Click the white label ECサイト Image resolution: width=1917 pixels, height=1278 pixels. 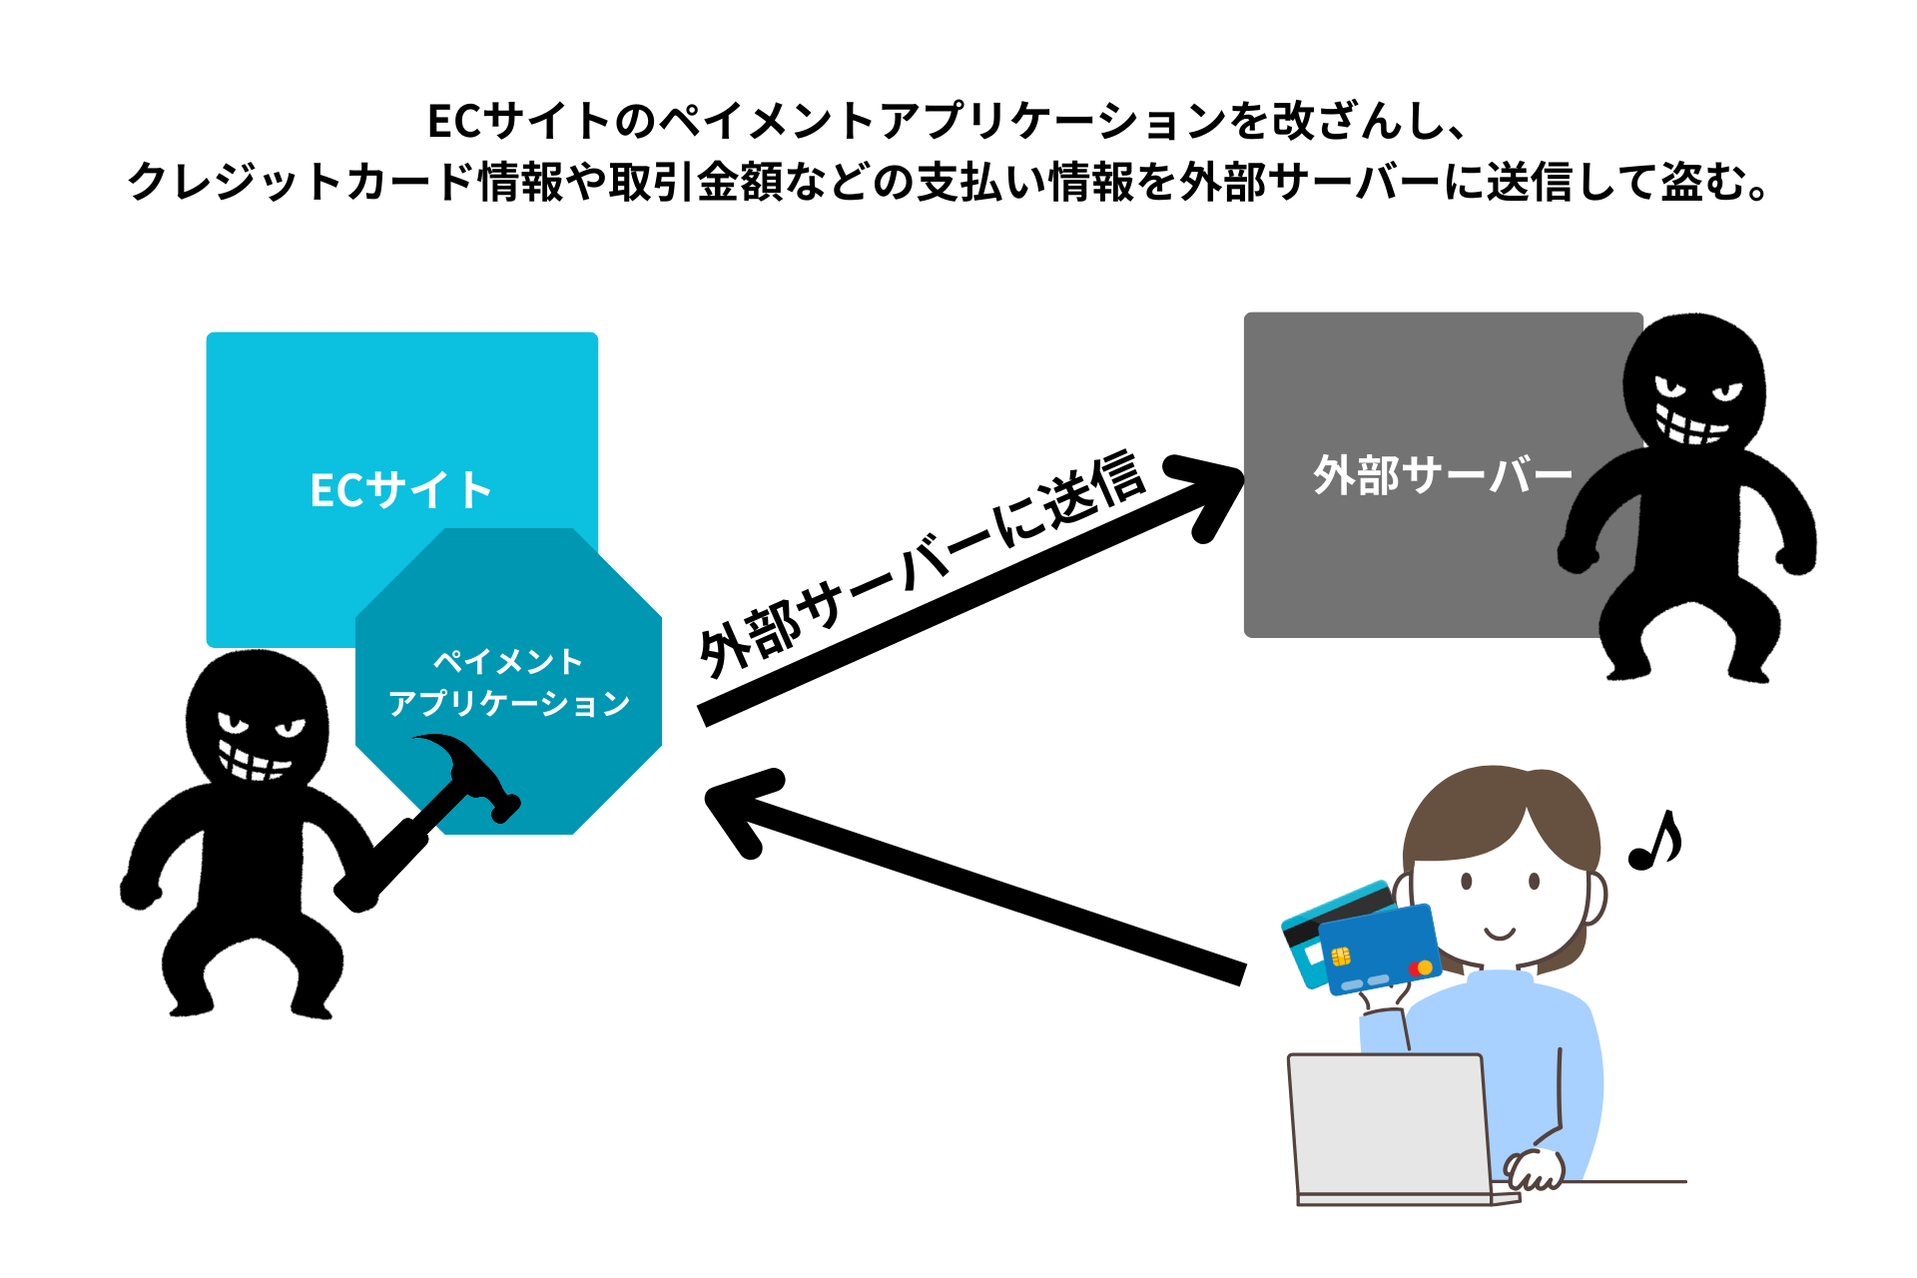tap(401, 490)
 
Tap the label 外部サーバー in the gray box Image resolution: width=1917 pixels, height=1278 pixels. tap(1442, 475)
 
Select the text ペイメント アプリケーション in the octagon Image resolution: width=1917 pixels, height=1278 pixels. tap(509, 683)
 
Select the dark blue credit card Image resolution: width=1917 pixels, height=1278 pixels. tap(1381, 950)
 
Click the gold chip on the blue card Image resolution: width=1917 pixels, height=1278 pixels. tap(1341, 957)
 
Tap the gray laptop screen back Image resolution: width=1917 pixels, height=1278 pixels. tap(1389, 1124)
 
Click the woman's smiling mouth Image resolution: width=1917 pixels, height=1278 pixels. tap(1500, 935)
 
